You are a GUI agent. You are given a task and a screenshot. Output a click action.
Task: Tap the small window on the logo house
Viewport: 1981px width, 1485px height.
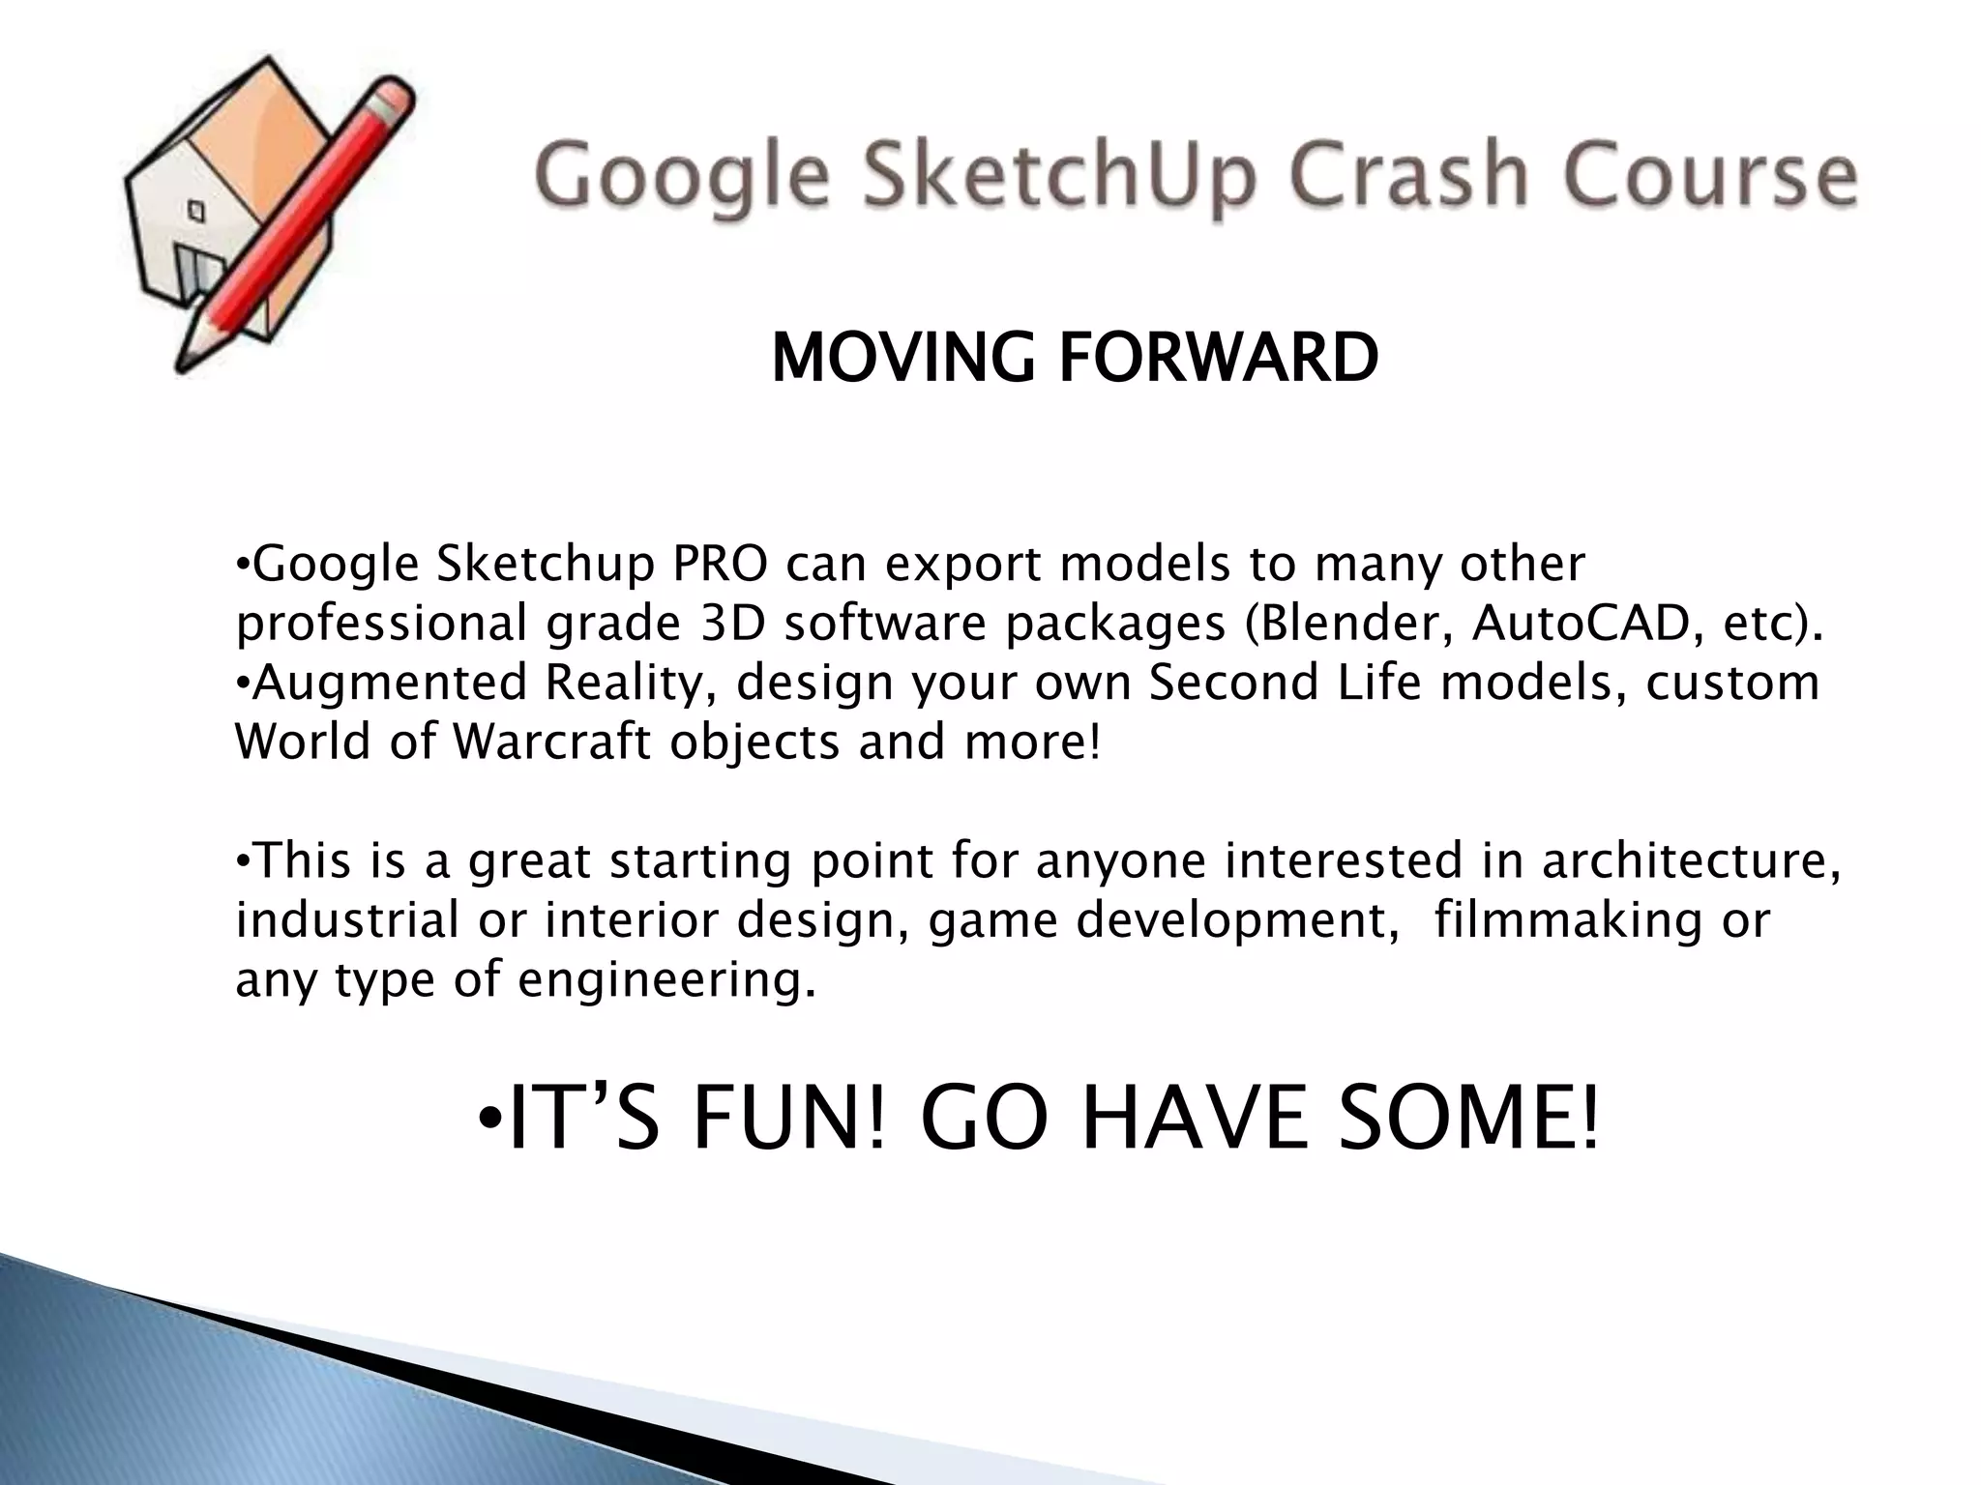coord(196,210)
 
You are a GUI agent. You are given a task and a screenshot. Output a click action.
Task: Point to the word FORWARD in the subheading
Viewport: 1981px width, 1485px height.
coord(1218,358)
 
